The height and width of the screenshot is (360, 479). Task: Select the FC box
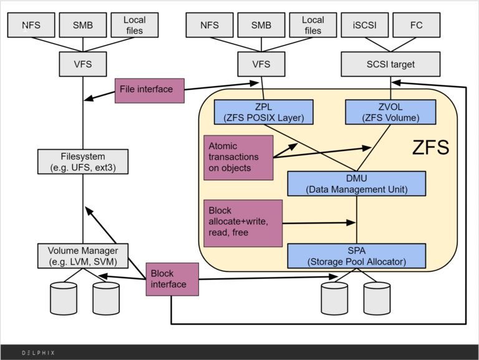point(417,26)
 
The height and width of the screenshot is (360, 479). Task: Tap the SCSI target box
point(390,64)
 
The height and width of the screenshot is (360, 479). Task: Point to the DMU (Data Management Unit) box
point(356,183)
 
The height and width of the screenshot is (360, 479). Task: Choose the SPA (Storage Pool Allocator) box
point(356,255)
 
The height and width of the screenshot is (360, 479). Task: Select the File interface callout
point(146,89)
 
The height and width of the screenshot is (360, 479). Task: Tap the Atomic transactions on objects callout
point(238,157)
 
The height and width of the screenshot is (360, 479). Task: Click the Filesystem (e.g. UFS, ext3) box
point(83,161)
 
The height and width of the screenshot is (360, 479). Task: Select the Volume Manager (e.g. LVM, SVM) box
point(83,255)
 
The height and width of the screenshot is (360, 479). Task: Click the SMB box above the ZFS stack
point(260,26)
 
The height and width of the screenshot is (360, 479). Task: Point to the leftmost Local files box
point(133,26)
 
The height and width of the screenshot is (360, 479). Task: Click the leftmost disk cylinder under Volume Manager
point(63,298)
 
